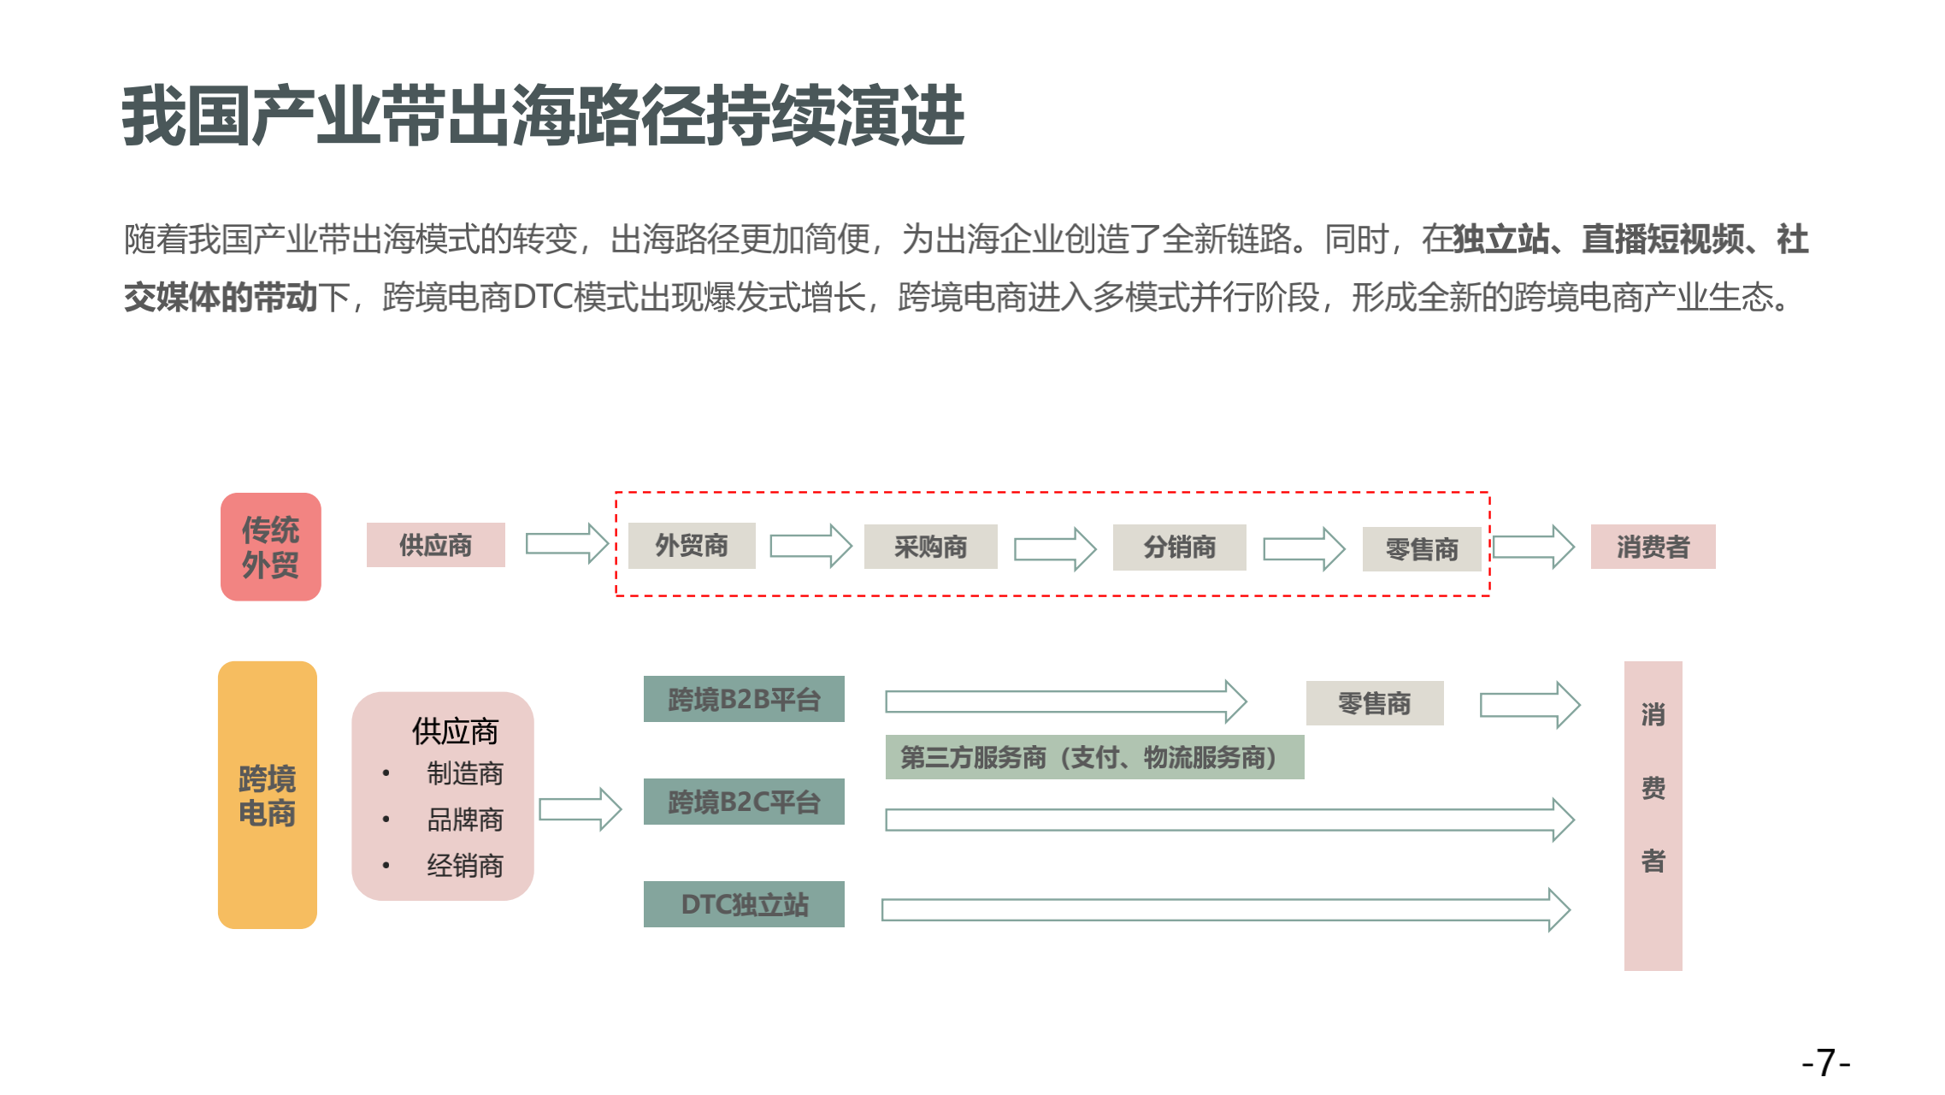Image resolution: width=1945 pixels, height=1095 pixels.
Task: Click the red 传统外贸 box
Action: coord(270,547)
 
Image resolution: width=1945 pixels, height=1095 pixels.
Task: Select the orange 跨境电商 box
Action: coord(267,795)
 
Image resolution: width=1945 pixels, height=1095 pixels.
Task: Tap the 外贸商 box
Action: coord(692,546)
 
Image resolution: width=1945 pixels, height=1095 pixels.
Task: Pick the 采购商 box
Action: coord(930,547)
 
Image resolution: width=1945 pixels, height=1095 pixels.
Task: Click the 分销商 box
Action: coord(1179,547)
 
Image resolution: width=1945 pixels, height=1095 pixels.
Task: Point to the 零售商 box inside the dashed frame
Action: coord(1421,549)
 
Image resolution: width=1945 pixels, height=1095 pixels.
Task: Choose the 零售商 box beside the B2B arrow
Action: coord(1374,703)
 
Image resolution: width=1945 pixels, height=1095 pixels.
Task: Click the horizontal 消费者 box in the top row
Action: coord(1653,547)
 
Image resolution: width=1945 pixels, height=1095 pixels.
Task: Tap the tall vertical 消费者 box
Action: coord(1653,815)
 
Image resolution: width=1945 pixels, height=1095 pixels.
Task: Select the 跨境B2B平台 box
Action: coord(744,700)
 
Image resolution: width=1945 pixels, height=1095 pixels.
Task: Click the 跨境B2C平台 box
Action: coord(744,802)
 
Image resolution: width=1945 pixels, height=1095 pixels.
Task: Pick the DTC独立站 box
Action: coord(744,904)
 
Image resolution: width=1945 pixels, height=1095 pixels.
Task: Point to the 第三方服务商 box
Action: coord(1094,757)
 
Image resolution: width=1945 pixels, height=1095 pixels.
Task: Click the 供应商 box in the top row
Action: coord(435,545)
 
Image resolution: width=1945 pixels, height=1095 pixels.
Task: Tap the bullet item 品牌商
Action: coord(465,820)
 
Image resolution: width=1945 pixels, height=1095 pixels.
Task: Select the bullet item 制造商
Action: coord(465,773)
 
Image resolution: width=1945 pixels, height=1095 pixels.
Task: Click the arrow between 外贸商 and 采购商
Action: coord(810,546)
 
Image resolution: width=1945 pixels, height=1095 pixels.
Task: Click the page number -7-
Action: coord(1825,1063)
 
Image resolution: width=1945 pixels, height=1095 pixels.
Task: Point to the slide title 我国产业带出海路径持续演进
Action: coord(544,116)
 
